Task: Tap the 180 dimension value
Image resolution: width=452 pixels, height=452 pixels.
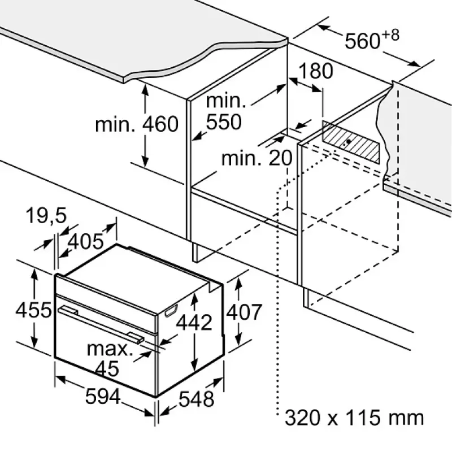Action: coord(316,71)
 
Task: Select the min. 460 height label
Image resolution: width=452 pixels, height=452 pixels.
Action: coord(137,124)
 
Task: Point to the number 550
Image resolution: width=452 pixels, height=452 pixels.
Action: coord(224,121)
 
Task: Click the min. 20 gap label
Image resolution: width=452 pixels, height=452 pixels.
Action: coord(257,158)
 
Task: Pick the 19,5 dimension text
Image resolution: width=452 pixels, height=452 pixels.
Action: coord(46,216)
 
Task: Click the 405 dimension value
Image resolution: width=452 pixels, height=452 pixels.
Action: coord(85,241)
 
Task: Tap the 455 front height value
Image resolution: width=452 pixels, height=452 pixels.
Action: coord(34,310)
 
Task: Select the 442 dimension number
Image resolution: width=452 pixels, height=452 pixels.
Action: coord(194,322)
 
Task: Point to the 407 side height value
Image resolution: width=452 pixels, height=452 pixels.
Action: coord(244,312)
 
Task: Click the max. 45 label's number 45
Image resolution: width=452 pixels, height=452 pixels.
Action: coord(107,368)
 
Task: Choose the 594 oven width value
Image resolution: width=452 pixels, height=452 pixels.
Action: coord(103,397)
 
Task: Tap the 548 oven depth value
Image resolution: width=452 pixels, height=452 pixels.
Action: coord(196,399)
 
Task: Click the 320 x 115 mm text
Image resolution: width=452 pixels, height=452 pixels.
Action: coord(354,418)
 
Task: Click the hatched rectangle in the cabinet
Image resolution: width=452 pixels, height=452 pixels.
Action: coord(351,142)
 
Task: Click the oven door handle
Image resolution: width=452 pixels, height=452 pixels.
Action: coord(101,324)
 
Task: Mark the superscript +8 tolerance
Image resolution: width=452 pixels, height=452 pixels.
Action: coord(391,35)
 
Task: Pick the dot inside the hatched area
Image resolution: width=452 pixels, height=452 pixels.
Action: coord(349,142)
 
